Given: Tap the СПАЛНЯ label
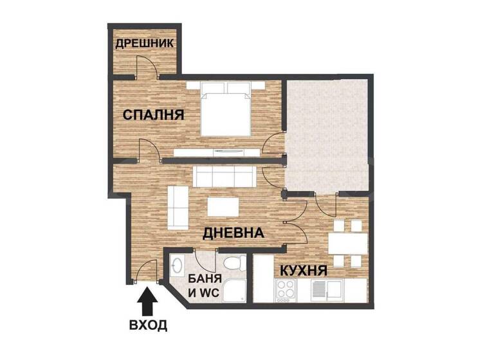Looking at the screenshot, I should pyautogui.click(x=153, y=115).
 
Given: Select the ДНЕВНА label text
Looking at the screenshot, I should pyautogui.click(x=233, y=233).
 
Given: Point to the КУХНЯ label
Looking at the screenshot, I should pyautogui.click(x=302, y=271).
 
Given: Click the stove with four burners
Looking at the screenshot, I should pyautogui.click(x=286, y=291).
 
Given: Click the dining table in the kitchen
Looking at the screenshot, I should pyautogui.click(x=347, y=244).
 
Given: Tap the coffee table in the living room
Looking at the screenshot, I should pyautogui.click(x=222, y=206).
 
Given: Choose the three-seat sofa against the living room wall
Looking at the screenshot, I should pyautogui.click(x=224, y=175).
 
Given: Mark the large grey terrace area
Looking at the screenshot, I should pyautogui.click(x=327, y=135).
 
